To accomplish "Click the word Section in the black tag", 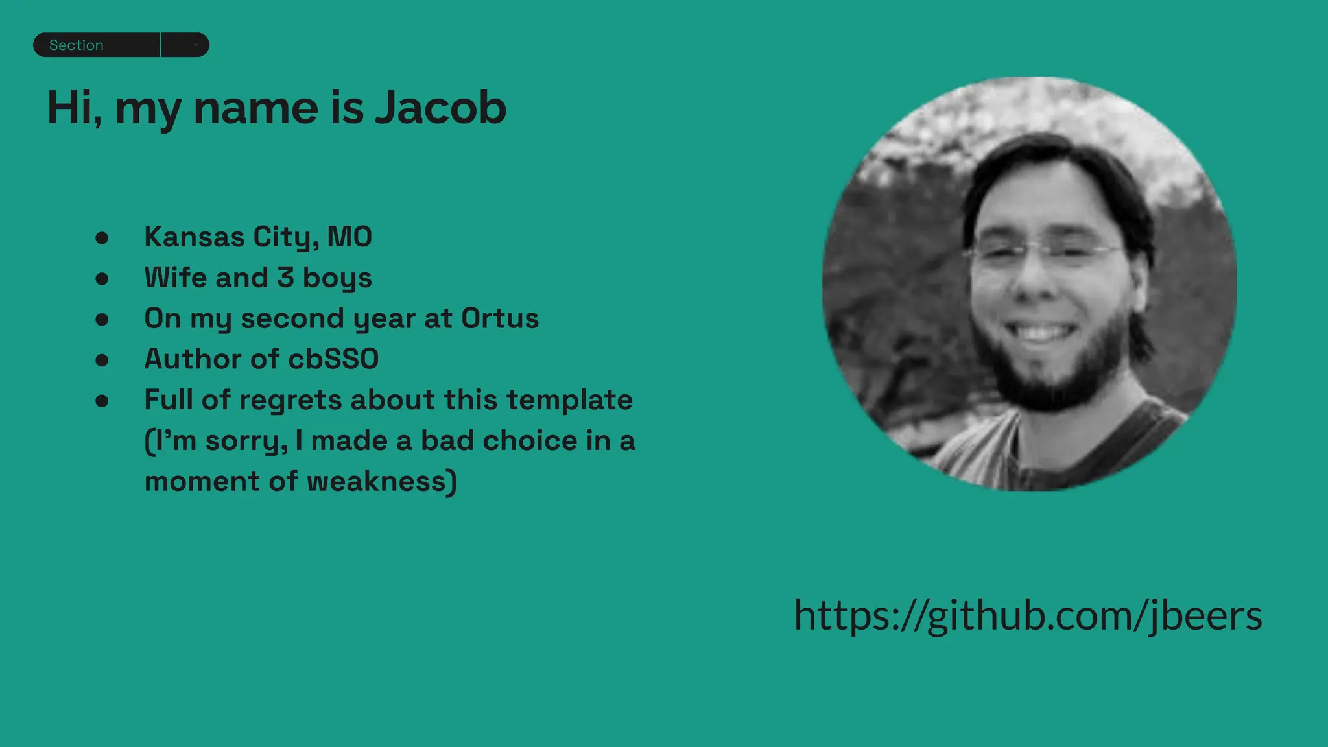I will (x=76, y=45).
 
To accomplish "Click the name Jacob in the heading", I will (x=441, y=108).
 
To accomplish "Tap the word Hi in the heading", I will (x=71, y=108).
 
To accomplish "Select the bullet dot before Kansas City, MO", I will (x=102, y=238).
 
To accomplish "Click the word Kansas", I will (x=194, y=237).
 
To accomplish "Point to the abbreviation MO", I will (x=350, y=237).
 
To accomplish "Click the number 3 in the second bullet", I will (x=285, y=278).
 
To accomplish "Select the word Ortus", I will (x=500, y=318).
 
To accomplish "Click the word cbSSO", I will (x=333, y=359).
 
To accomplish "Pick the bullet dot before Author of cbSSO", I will (x=102, y=361).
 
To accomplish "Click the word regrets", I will (x=290, y=400).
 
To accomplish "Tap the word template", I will (x=569, y=400).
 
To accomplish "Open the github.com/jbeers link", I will (x=1028, y=615).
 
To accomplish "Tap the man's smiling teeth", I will (x=1041, y=333).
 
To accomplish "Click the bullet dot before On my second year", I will (x=102, y=320).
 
